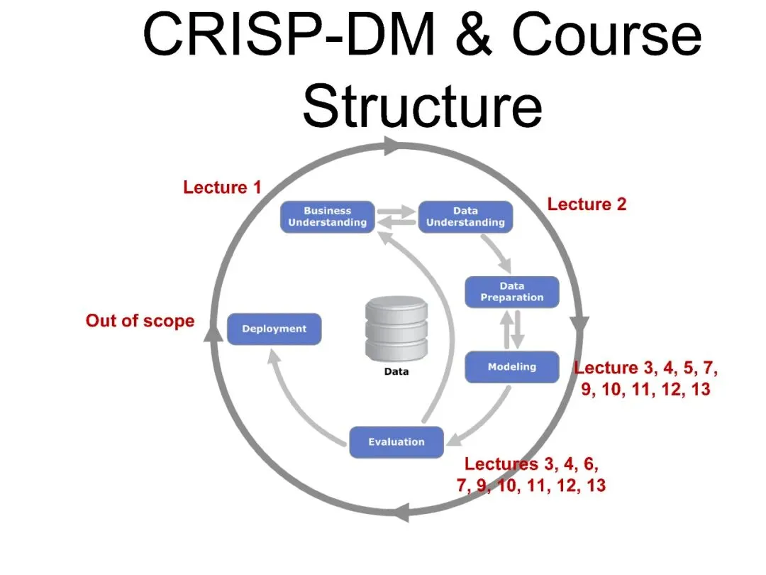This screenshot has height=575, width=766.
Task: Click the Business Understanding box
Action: pos(327,217)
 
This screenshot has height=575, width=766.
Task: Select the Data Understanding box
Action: pos(465,217)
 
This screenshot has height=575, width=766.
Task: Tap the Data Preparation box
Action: pos(511,292)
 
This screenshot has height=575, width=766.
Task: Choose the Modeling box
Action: pos(511,367)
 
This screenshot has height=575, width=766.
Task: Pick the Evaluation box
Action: pos(396,442)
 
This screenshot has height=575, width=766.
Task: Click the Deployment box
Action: pos(274,329)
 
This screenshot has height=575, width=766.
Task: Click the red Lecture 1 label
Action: pos(222,187)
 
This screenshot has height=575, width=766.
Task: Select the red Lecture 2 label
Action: pos(587,204)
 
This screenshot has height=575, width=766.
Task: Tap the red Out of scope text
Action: pos(140,321)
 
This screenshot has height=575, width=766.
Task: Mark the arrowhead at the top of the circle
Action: pos(392,146)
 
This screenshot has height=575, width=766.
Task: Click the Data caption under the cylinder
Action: pos(396,372)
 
